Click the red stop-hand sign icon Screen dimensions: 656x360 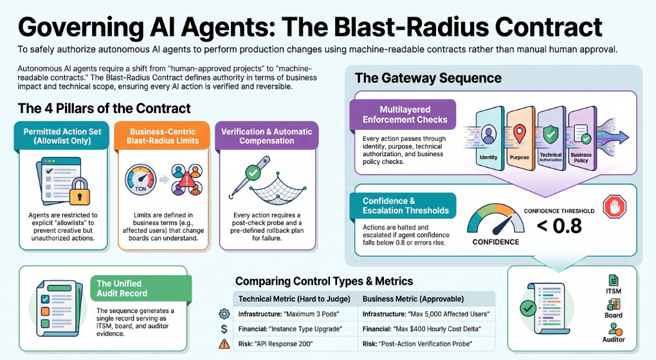(614, 207)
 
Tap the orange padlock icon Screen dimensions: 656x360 (80, 191)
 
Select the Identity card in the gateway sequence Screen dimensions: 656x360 (489, 139)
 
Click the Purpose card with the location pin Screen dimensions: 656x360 (520, 139)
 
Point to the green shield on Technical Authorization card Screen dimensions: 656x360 (551, 134)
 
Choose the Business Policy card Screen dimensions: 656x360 (581, 139)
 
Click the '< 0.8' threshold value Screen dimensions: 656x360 (559, 226)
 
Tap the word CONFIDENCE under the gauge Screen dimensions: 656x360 (496, 242)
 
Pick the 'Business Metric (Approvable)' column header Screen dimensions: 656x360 (413, 299)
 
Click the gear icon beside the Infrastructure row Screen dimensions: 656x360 (224, 314)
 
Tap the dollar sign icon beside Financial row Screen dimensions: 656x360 (224, 329)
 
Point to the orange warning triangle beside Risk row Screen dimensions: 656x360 (224, 344)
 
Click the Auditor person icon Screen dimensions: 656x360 (614, 328)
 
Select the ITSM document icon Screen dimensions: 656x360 (614, 280)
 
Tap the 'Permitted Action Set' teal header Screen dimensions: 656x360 (62, 136)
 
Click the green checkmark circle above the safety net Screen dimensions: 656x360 (252, 172)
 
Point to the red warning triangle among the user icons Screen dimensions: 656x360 (187, 180)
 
